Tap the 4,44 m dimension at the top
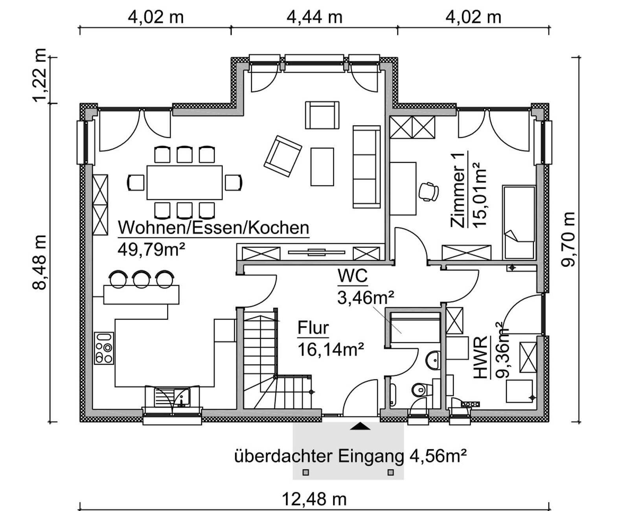(314, 17)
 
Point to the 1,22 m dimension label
(40, 75)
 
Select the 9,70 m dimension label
(568, 239)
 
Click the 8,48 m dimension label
(40, 263)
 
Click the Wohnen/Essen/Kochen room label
(213, 228)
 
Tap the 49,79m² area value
(151, 250)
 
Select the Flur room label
(313, 328)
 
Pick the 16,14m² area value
(331, 349)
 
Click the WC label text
(353, 276)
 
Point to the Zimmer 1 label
(458, 190)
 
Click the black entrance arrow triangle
(360, 426)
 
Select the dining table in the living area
(184, 182)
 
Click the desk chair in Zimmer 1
(429, 192)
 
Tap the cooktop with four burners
(104, 348)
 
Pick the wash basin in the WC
(433, 360)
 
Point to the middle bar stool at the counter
(142, 279)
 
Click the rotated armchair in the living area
(283, 156)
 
